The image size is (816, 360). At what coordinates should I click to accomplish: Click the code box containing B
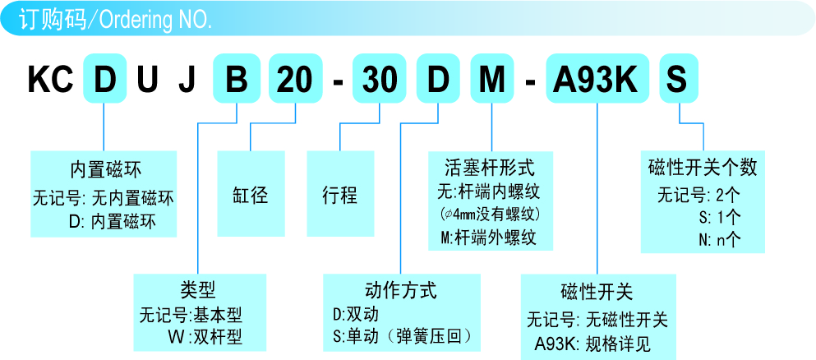click(237, 80)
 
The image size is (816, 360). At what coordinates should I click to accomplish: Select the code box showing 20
click(293, 80)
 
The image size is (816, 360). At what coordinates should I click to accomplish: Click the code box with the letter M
click(492, 80)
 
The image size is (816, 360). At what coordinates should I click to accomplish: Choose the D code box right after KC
click(104, 80)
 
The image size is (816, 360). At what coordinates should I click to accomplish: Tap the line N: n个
click(719, 239)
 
